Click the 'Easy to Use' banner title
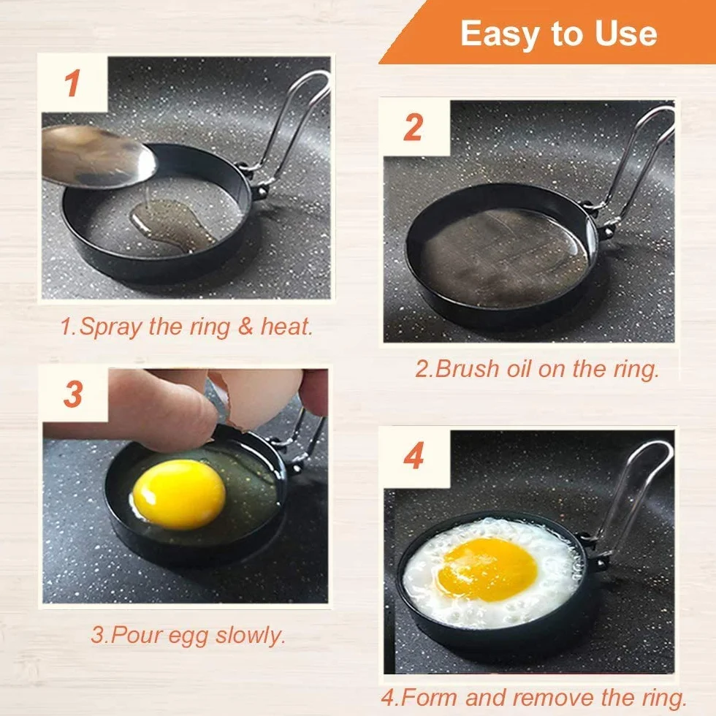coord(558,34)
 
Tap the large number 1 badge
coord(72,83)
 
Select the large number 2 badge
coord(414,127)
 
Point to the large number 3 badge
coord(73,394)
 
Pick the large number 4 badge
coord(414,456)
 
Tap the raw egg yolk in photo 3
coord(180,495)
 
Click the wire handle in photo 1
coord(292,123)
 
